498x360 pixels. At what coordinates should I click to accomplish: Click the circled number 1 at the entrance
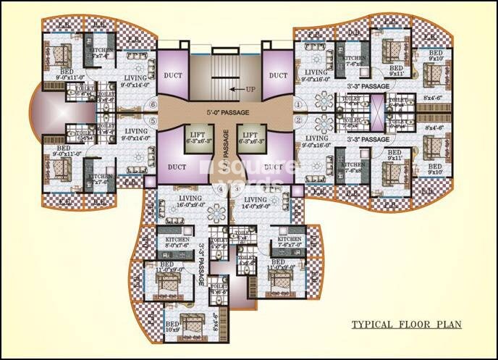pos(297,104)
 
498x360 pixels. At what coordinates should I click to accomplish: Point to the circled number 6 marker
pos(153,104)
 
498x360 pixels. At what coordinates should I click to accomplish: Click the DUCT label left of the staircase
pos(173,75)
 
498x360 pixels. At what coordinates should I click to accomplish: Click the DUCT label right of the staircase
pos(278,75)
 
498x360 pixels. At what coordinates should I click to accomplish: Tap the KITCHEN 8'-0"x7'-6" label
pos(177,243)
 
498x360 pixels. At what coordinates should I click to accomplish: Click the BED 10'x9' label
pos(172,327)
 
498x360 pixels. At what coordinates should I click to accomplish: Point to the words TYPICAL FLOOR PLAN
pos(406,324)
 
